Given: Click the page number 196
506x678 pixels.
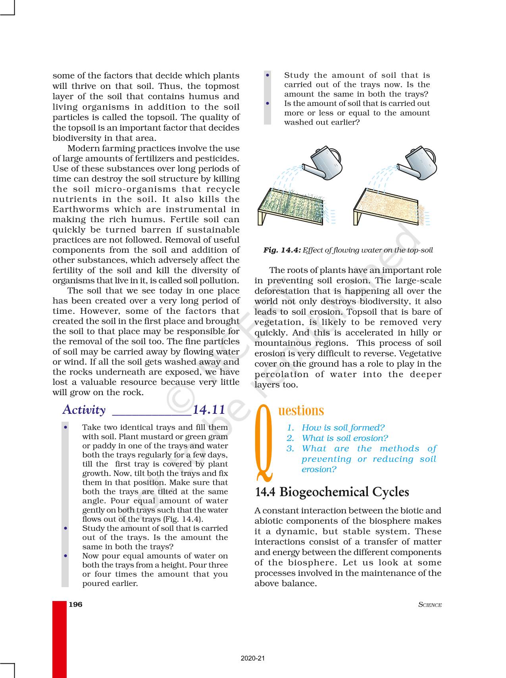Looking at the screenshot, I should [75, 605].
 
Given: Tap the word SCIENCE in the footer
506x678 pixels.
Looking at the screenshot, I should [430, 605].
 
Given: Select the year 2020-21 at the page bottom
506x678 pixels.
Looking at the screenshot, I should [252, 659].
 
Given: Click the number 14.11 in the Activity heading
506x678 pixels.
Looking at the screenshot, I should [209, 409].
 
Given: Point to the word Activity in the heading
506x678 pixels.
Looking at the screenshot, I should [84, 410].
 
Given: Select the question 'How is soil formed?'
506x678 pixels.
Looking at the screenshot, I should [343, 428].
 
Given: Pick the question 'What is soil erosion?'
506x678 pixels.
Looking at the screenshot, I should [344, 438].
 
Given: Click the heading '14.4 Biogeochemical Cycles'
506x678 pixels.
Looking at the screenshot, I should [332, 492].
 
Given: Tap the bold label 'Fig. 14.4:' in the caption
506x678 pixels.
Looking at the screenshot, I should [282, 250].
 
